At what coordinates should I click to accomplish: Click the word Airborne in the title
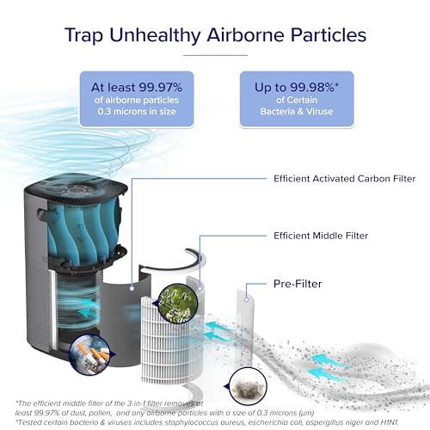point(245,35)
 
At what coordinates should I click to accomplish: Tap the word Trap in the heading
point(83,35)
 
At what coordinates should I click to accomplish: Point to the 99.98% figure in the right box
point(314,87)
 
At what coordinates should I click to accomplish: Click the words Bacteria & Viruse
point(297,111)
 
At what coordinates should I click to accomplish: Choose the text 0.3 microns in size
point(137,111)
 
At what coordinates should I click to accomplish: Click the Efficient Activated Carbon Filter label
point(345,179)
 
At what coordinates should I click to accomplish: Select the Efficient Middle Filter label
point(321,236)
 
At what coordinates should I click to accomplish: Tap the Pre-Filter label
point(298,284)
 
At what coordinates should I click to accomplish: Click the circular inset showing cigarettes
point(89,354)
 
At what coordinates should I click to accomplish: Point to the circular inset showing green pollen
point(178,304)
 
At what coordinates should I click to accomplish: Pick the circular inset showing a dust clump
point(249,386)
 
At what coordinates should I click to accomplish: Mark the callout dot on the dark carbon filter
point(132,288)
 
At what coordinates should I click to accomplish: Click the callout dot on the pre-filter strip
point(246,300)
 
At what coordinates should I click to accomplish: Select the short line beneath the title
point(215,55)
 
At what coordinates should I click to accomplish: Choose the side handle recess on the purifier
point(42,213)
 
